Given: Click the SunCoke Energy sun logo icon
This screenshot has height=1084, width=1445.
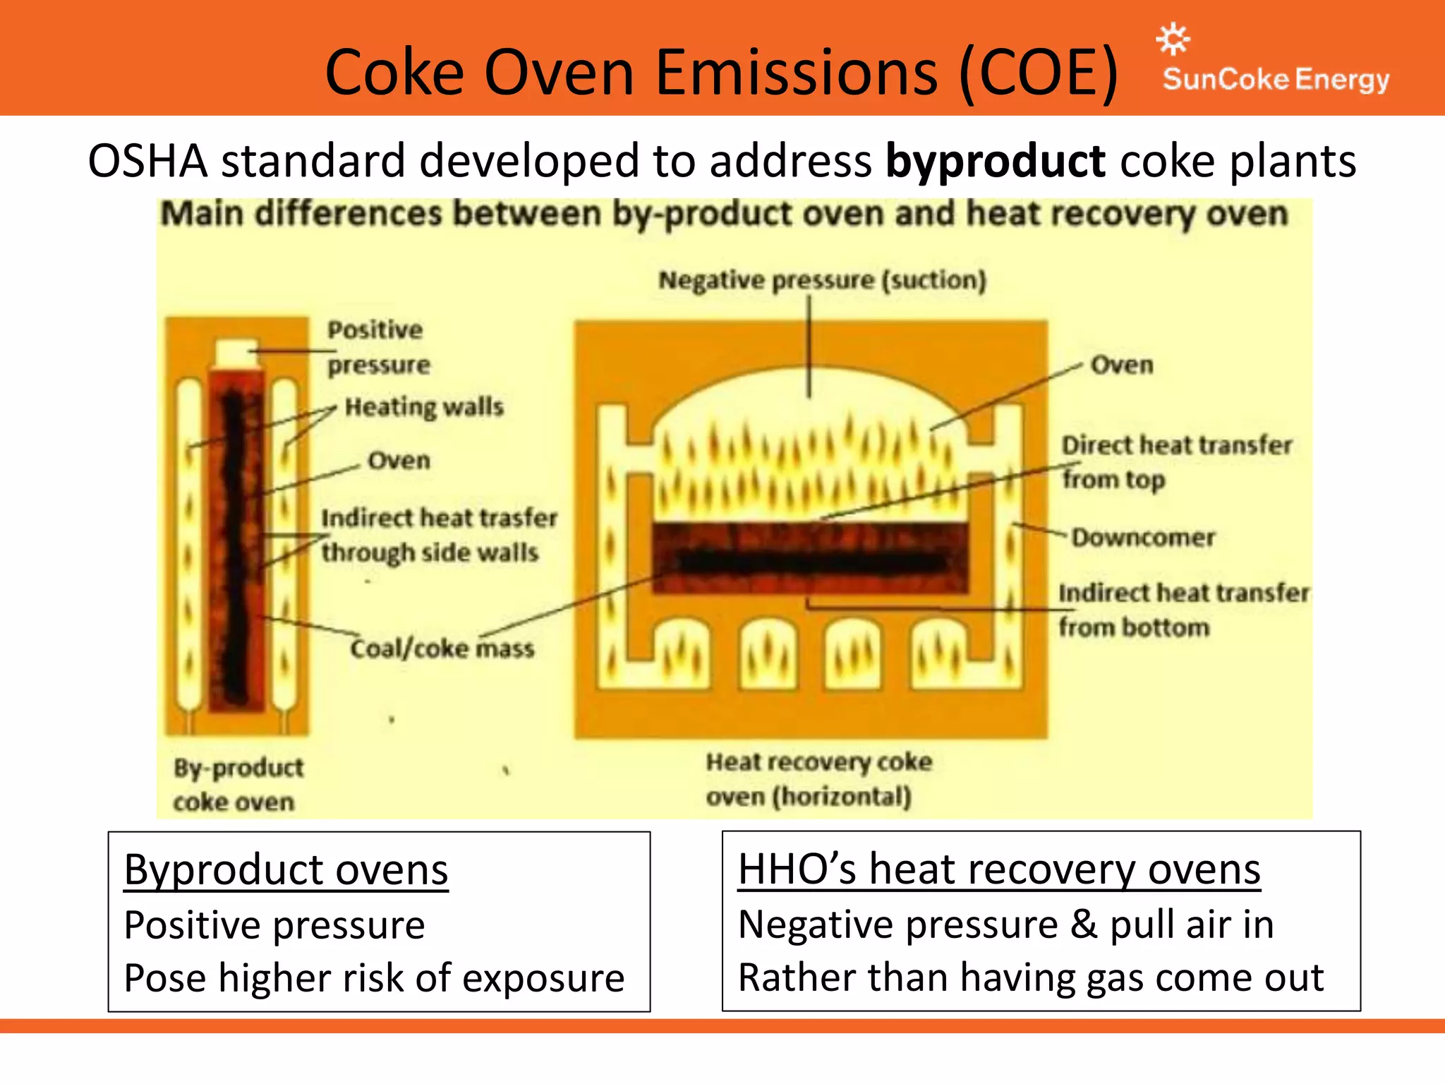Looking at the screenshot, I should [1173, 40].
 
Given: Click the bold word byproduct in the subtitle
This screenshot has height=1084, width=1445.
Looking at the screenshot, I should [995, 161].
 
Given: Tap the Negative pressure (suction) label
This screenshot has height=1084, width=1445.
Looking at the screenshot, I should [822, 280].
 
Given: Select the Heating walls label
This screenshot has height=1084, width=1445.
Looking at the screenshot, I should [424, 407].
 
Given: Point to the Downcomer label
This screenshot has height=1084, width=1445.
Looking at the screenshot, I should [1143, 538].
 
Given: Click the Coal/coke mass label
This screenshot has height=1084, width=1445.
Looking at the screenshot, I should [442, 648].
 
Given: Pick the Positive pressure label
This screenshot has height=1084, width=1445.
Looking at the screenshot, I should [378, 347].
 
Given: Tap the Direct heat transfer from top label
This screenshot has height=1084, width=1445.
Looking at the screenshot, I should [1176, 462].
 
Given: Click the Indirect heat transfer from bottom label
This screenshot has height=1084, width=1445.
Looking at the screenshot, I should [1183, 610].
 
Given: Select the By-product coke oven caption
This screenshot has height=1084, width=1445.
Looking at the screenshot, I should [238, 784].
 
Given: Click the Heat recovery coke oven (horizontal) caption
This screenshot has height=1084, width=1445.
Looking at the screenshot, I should [818, 779].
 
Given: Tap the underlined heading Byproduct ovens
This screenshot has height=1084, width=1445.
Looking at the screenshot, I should [286, 869].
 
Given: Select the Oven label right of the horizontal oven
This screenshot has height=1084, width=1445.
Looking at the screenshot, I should [1122, 365].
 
